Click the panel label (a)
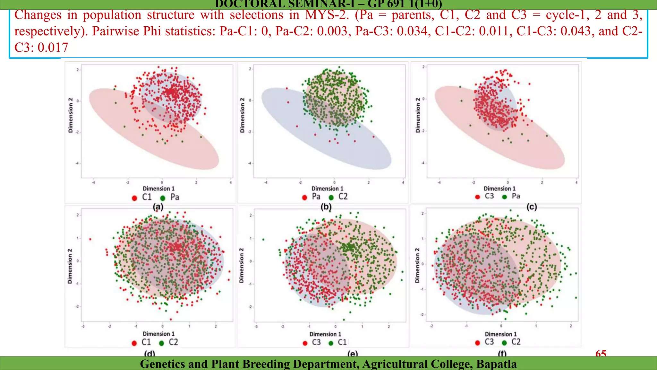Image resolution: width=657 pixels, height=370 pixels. coord(158,207)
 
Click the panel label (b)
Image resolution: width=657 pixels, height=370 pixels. coord(326,207)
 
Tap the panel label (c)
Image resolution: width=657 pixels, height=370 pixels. coord(532,207)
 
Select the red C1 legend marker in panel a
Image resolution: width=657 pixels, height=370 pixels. coord(134,198)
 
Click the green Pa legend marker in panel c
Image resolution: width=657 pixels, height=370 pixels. coord(504,197)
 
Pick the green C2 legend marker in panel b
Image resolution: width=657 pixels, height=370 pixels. coord(331,197)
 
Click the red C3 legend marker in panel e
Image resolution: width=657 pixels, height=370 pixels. coord(305,343)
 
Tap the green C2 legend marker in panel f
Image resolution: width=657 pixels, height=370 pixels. coord(504,343)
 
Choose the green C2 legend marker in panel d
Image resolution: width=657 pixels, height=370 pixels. coord(161,343)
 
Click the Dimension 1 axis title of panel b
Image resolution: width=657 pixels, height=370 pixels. coord(327,189)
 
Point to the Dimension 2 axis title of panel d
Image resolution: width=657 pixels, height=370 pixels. coord(70,266)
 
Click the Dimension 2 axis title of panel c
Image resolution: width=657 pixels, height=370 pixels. coord(417,115)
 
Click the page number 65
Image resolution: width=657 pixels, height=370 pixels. coord(601,353)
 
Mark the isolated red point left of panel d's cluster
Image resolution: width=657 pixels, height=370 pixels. coord(90,239)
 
